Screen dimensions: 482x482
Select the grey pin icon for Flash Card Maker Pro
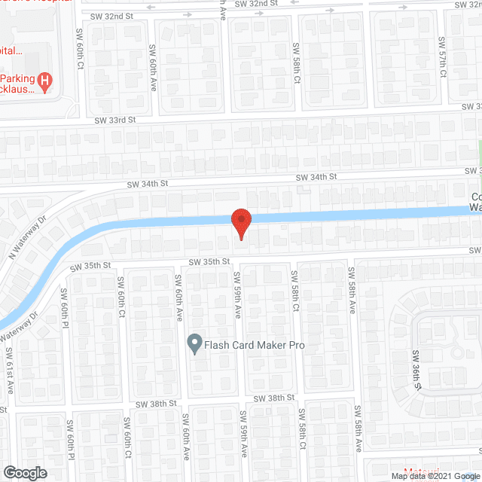[194, 345]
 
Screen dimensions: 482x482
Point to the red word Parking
[18, 79]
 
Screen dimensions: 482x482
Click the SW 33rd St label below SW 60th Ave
[114, 119]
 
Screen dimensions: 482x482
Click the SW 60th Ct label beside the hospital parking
[81, 49]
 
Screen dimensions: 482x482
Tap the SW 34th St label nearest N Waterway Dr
[145, 184]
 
